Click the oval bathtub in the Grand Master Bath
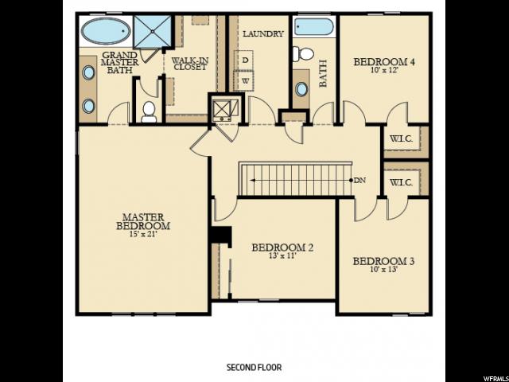pyautogui.click(x=106, y=31)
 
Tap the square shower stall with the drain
pyautogui.click(x=152, y=32)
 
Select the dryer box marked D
pyautogui.click(x=246, y=60)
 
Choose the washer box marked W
pyautogui.click(x=246, y=81)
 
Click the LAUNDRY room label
pyautogui.click(x=263, y=33)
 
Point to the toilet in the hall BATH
pyautogui.click(x=303, y=53)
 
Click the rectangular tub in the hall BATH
pyautogui.click(x=314, y=26)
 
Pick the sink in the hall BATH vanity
pyautogui.click(x=301, y=89)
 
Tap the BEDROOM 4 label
pyautogui.click(x=384, y=62)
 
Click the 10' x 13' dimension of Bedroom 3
pyautogui.click(x=384, y=269)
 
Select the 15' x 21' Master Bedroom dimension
pyautogui.click(x=143, y=233)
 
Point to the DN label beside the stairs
pyautogui.click(x=359, y=181)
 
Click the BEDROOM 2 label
pyautogui.click(x=282, y=248)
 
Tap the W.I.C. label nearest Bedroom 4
pyautogui.click(x=401, y=139)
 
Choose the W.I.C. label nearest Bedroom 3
pyautogui.click(x=401, y=182)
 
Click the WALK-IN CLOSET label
pyautogui.click(x=190, y=64)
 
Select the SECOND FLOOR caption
pyautogui.click(x=254, y=368)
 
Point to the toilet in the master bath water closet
pyautogui.click(x=149, y=112)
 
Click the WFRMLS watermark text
pyautogui.click(x=496, y=379)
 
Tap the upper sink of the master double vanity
pyautogui.click(x=88, y=72)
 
